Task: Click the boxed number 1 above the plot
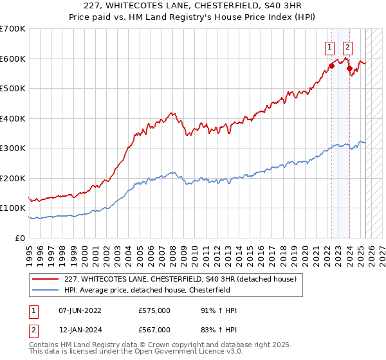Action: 329,46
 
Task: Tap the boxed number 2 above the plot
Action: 347,46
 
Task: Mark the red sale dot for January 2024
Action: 349,68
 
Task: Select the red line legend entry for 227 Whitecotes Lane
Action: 180,279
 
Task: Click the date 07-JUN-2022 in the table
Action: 80,310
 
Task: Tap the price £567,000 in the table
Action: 154,330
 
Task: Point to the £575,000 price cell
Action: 154,310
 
